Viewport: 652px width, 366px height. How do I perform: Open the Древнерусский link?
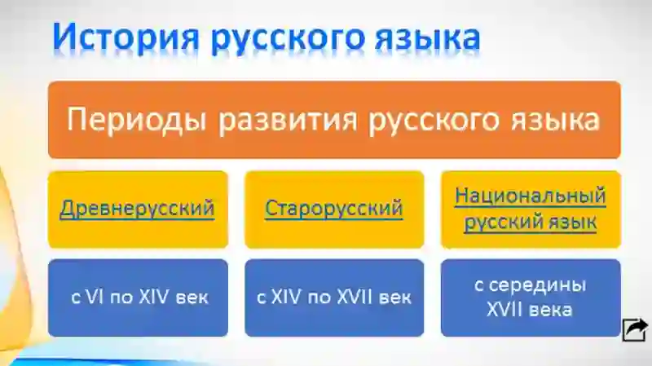point(137,208)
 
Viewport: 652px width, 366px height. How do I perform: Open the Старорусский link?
point(333,208)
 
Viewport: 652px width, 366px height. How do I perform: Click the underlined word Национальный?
point(531,196)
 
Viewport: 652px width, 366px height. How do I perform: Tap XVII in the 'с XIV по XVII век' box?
point(356,298)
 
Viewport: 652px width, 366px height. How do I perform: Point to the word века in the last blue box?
point(553,310)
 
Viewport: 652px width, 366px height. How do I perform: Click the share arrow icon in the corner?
point(635,329)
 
